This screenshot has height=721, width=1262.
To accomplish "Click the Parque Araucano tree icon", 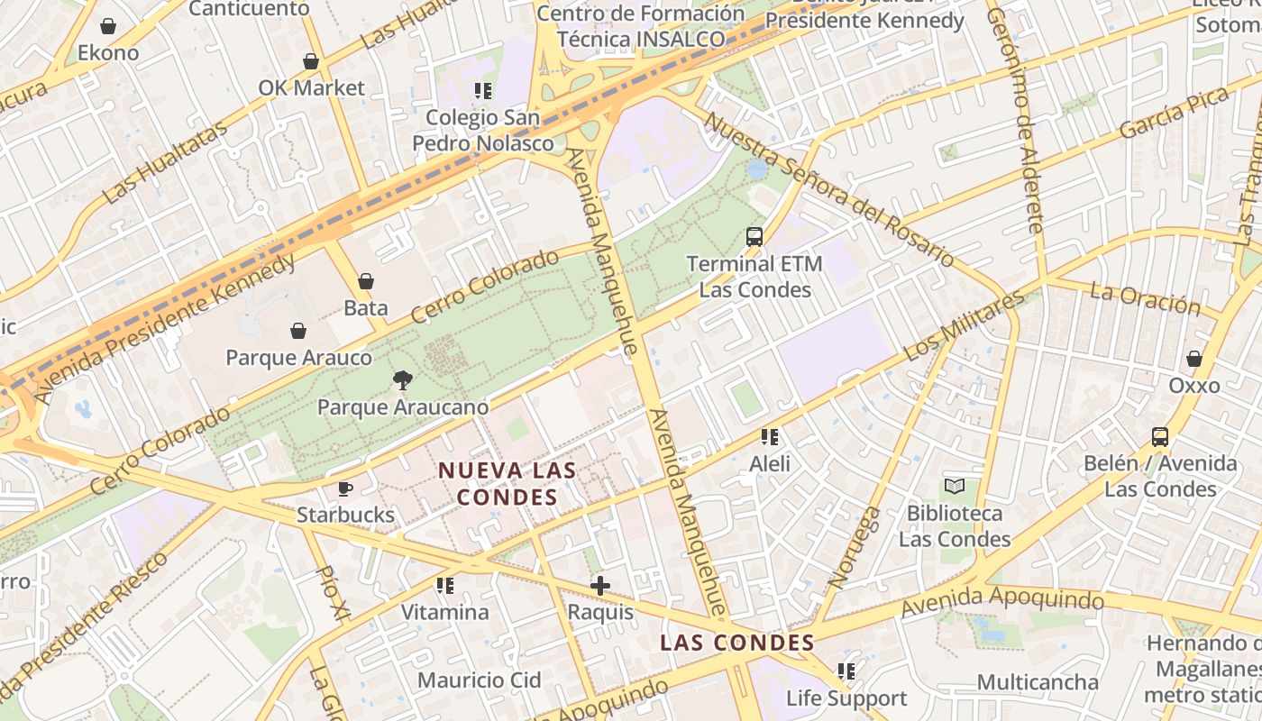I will (403, 380).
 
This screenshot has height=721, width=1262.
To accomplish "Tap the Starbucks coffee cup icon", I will (344, 488).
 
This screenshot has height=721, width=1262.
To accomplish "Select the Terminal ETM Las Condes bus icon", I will (754, 237).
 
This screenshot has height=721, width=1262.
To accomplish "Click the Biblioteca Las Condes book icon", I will (954, 487).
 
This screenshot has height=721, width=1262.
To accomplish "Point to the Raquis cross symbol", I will (599, 586).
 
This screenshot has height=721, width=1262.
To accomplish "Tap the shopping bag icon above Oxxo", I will (1193, 359).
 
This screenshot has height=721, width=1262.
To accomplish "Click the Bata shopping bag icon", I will (365, 281).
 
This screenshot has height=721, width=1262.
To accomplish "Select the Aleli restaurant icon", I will (769, 437).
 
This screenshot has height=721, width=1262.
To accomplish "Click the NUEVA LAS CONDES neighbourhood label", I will (507, 484).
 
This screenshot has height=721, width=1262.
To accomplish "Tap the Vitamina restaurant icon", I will (444, 586).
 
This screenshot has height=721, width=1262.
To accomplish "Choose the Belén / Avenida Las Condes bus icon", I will (1160, 437).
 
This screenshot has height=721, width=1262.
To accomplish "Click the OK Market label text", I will (311, 88).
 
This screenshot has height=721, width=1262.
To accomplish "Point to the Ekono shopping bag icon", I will (108, 26).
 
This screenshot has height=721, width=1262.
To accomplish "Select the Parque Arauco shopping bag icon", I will (297, 331).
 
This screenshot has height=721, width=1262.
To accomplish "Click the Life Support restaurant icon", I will (846, 671).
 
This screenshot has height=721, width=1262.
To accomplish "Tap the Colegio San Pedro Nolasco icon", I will (482, 90).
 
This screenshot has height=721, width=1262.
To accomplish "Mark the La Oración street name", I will (1145, 298).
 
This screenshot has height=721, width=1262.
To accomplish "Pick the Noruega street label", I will (855, 547).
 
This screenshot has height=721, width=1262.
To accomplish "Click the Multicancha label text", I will (1038, 682).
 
